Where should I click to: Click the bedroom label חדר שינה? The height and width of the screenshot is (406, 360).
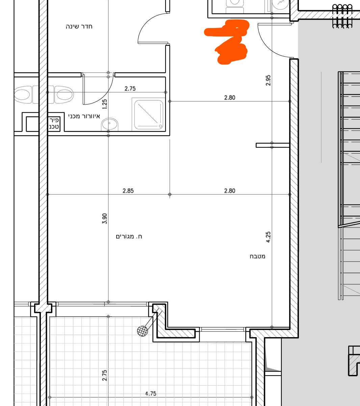pos(79,27)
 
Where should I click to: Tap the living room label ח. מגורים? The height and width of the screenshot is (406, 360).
pos(129,237)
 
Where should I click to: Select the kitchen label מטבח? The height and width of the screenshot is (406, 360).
pos(258,256)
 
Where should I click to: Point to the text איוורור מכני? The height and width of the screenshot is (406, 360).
pos(84,116)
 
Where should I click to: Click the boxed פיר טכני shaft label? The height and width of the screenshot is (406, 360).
pos(54,123)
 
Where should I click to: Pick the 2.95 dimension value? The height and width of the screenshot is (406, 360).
pos(268,80)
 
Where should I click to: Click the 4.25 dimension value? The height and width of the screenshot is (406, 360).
pos(268,237)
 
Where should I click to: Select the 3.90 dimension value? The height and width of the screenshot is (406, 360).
pos(104,218)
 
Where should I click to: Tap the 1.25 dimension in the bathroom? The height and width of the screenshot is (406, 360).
pos(104,104)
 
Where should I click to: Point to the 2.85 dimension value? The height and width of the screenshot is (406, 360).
pos(128,191)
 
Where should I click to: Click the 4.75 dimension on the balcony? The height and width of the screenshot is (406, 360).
pos(151,394)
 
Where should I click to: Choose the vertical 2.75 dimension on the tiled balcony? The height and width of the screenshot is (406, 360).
pos(104,375)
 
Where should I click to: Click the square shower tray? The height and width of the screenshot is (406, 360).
pos(149,115)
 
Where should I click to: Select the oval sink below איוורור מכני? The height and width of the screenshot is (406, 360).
pos(109,124)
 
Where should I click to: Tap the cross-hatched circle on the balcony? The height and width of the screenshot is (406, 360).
pos(143,331)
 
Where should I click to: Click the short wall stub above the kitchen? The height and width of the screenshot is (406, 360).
pos(273,145)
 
